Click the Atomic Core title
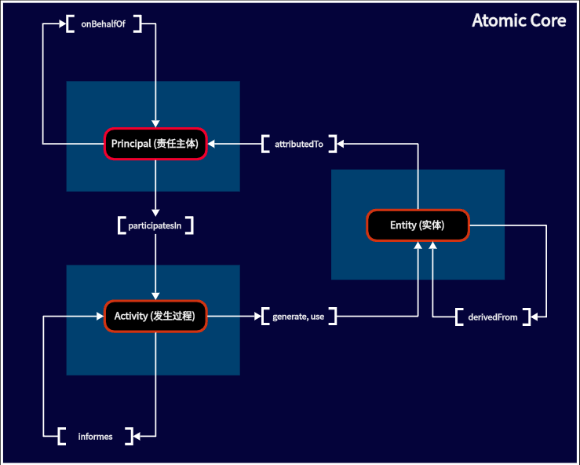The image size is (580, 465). click(x=519, y=20)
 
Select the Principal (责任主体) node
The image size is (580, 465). click(x=155, y=144)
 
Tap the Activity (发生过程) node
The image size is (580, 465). click(x=155, y=317)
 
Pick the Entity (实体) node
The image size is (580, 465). click(x=418, y=225)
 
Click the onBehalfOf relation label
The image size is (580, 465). click(x=103, y=24)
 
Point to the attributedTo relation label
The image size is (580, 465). click(x=299, y=144)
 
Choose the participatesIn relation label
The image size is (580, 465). click(x=155, y=225)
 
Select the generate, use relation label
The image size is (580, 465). click(x=298, y=317)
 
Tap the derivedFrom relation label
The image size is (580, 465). click(x=493, y=317)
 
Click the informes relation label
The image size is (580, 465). click(x=96, y=437)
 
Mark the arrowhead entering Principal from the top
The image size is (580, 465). click(x=155, y=123)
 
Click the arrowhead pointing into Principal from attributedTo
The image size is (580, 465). click(x=211, y=144)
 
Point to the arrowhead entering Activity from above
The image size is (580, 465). click(x=155, y=296)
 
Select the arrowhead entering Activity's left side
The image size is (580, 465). click(x=100, y=317)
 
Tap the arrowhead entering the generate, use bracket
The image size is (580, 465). click(x=257, y=317)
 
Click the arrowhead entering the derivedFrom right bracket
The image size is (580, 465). click(x=534, y=317)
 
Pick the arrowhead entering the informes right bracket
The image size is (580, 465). click(x=137, y=436)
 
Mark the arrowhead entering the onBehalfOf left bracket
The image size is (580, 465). click(x=63, y=24)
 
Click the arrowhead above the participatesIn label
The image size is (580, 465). click(x=155, y=213)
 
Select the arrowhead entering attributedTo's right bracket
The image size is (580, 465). click(x=341, y=144)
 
